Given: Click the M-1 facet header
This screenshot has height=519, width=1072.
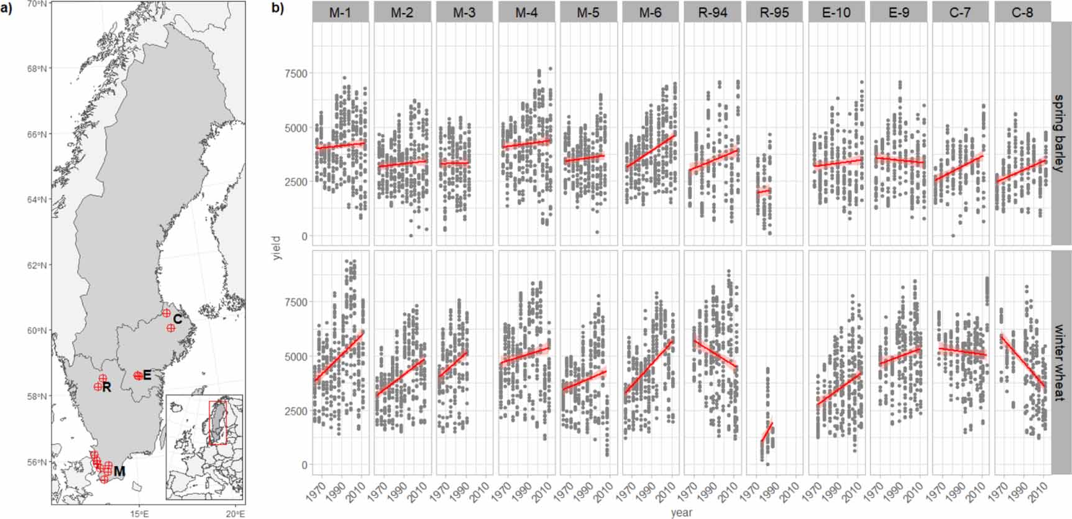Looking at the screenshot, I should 340,12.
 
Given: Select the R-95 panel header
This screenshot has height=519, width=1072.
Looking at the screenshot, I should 774,12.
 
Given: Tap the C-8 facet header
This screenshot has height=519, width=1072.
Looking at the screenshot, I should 1022,12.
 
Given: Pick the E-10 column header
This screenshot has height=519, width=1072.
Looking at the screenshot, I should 836,12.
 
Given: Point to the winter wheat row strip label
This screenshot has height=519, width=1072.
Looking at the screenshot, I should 1060,362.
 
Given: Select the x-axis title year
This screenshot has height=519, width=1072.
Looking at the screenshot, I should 681,513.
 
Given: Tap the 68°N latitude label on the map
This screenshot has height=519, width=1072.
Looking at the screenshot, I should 38,68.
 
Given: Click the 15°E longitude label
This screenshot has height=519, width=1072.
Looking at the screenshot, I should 139,513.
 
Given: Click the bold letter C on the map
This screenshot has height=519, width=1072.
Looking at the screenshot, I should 178,319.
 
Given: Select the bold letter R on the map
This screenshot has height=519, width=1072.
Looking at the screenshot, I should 107,387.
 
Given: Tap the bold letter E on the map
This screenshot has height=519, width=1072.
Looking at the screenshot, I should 147,375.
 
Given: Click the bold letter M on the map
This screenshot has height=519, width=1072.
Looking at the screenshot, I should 119,471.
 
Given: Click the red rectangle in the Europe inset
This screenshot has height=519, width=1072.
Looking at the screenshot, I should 218,423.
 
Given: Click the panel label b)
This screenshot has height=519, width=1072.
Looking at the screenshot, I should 277,8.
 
